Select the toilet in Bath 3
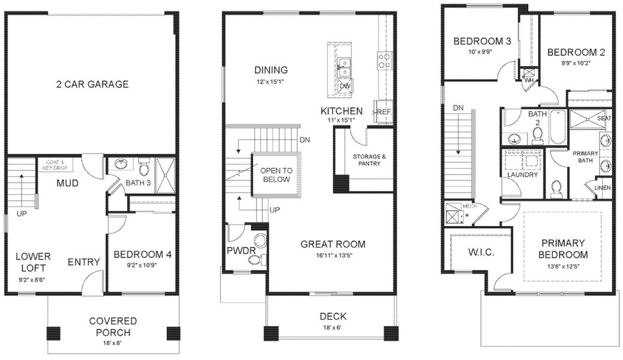(x=143, y=164)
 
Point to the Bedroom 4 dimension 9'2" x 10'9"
(x=142, y=265)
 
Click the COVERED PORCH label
(x=113, y=326)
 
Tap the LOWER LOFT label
(x=33, y=262)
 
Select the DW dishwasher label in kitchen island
(x=345, y=86)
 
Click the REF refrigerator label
(x=384, y=112)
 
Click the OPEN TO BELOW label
(x=275, y=175)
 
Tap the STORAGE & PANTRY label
(x=366, y=160)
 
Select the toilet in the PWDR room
(x=257, y=259)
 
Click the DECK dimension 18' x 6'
(x=333, y=328)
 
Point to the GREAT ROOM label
(x=333, y=244)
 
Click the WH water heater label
(x=529, y=80)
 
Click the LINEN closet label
(x=602, y=187)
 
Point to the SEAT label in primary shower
(x=603, y=119)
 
